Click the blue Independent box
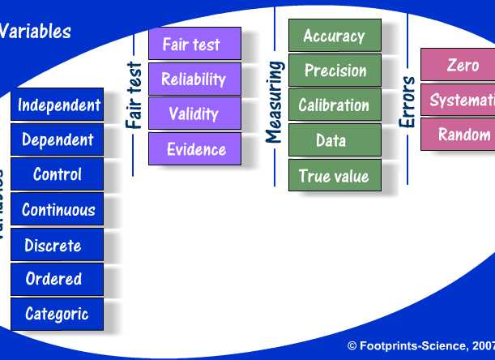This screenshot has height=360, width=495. click(58, 105)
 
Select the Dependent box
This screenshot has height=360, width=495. click(58, 139)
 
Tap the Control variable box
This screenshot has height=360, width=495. click(58, 174)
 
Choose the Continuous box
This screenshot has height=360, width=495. click(58, 210)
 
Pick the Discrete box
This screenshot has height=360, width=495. click(58, 245)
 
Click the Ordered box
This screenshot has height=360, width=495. click(58, 279)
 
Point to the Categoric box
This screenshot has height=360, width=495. click(58, 314)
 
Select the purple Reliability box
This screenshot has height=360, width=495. click(194, 79)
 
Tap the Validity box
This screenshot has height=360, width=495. click(194, 114)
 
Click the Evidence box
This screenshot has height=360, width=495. click(194, 149)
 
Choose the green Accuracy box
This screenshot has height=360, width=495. click(334, 36)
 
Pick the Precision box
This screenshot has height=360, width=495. click(334, 71)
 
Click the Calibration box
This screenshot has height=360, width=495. click(334, 105)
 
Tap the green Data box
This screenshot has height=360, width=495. click(334, 140)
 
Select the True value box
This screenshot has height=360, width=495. click(334, 176)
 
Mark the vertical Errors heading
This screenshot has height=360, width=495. click(408, 102)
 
